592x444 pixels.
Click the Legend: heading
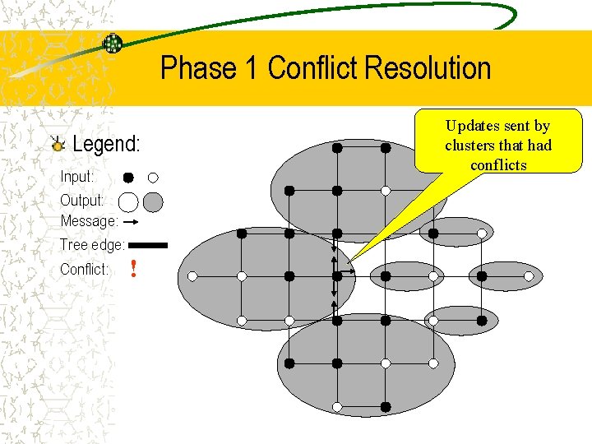(x=106, y=145)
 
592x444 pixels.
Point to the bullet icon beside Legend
(x=57, y=146)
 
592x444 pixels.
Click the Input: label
(x=76, y=177)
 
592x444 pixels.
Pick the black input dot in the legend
(x=129, y=177)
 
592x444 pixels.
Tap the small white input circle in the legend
(x=153, y=177)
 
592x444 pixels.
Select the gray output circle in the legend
(x=153, y=201)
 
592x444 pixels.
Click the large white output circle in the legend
(x=128, y=201)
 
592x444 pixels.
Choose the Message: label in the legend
(x=89, y=221)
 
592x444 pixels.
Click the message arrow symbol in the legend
(x=130, y=222)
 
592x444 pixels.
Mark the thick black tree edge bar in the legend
(x=148, y=245)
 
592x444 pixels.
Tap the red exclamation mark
(x=133, y=269)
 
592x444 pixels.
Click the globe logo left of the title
(x=113, y=44)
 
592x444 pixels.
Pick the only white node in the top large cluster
(x=386, y=191)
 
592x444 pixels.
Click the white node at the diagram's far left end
(x=192, y=276)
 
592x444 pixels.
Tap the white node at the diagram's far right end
(x=529, y=276)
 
